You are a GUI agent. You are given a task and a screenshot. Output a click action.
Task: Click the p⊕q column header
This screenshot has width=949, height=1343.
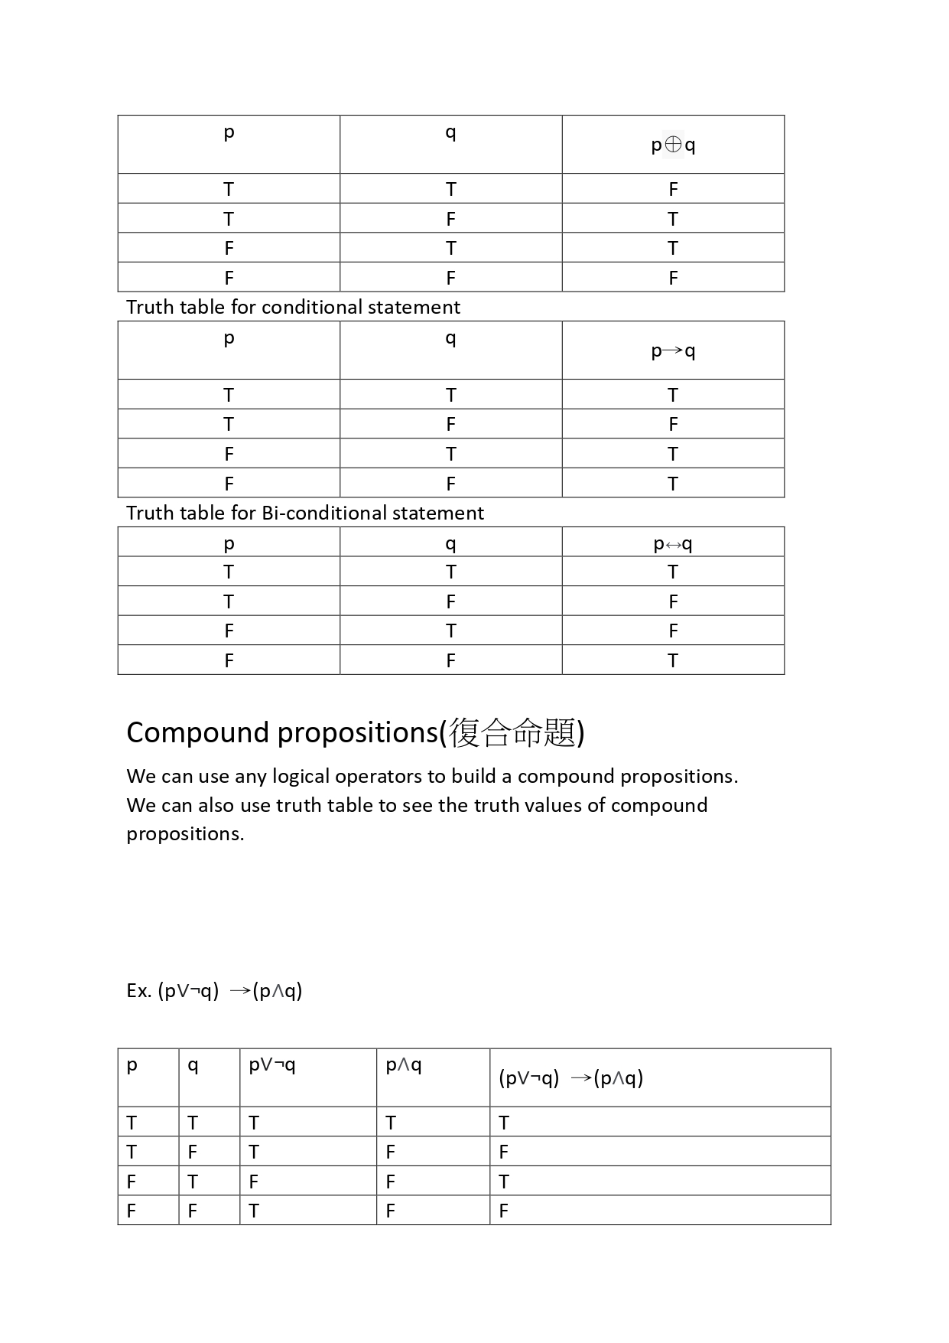pos(673,145)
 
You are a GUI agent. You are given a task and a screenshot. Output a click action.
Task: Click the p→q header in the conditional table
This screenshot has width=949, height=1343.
pos(673,350)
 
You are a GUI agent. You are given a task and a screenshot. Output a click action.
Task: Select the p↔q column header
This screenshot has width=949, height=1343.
pos(673,543)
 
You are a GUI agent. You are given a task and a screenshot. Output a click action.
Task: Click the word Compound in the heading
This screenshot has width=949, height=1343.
pos(199,732)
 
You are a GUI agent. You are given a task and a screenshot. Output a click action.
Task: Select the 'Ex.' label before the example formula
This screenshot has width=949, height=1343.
pos(139,991)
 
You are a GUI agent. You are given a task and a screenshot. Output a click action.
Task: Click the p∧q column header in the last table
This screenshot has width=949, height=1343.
pos(404,1064)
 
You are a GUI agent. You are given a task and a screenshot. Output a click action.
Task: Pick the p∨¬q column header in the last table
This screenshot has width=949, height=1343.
pos(272,1064)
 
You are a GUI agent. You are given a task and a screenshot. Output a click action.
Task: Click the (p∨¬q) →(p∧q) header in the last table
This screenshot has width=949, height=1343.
pos(570,1078)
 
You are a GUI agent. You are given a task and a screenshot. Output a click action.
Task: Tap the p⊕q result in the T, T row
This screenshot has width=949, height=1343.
pos(673,189)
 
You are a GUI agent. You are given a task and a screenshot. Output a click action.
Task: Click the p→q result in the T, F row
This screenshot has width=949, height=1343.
pos(673,425)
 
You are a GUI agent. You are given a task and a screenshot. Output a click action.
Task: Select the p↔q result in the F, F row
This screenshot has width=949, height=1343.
pos(673,660)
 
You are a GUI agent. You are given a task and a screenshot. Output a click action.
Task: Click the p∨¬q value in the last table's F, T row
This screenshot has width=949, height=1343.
pos(254,1182)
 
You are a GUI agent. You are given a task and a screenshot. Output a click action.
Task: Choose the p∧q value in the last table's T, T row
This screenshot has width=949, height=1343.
pos(391,1123)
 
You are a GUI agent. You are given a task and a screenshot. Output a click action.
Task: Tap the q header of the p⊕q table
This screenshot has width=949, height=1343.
pos(450,132)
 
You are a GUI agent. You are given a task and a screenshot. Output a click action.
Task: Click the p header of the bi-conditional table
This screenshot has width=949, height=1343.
pos(229,543)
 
